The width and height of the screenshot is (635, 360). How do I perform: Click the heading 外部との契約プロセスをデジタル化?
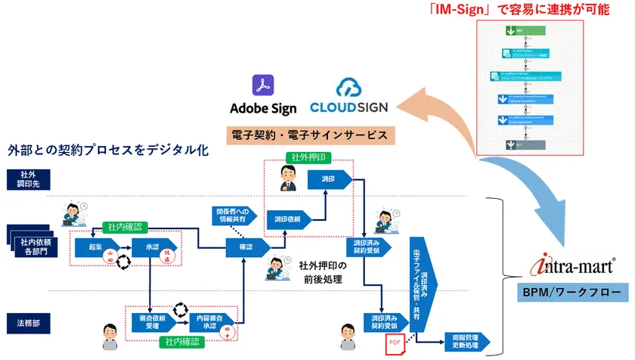(x=108, y=150)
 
